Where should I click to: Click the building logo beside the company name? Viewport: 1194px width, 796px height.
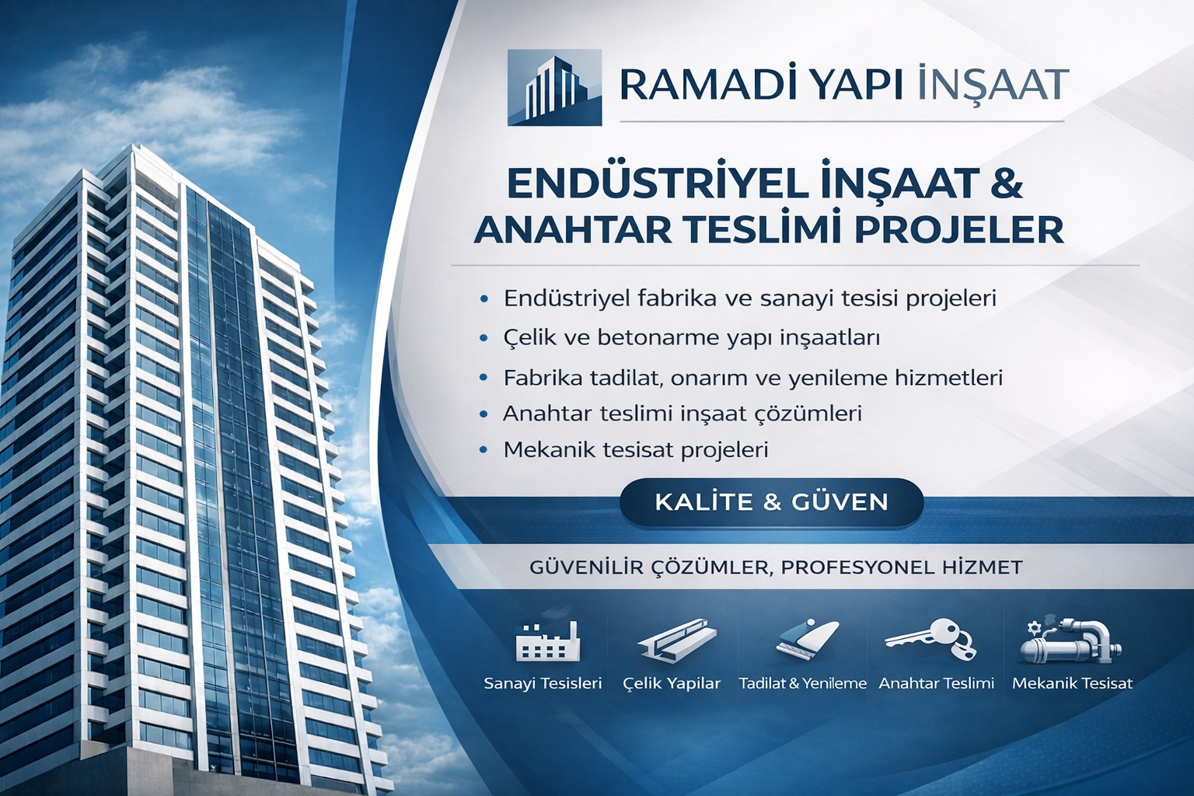coord(554,87)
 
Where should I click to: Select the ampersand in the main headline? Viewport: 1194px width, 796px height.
coord(1006,183)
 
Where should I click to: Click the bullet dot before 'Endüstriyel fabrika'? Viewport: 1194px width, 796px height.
coord(485,298)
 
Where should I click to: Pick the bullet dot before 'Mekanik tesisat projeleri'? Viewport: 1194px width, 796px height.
coord(485,449)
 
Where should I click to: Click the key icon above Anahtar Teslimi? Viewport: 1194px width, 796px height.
coord(930,639)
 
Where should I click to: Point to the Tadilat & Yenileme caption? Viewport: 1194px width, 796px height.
coord(802,684)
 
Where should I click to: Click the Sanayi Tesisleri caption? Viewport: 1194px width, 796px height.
coord(543,684)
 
